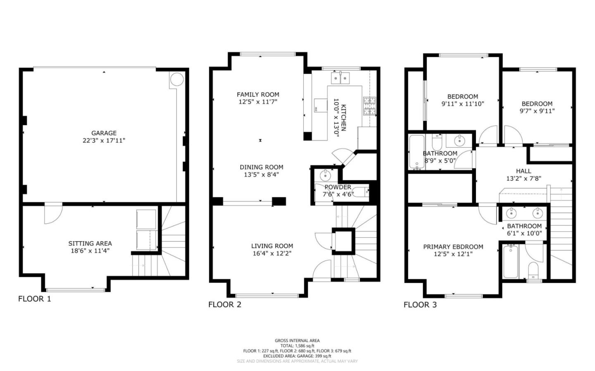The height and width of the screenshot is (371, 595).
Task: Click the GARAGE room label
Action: coord(104,133)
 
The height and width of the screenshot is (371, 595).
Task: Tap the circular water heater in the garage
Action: coord(176,80)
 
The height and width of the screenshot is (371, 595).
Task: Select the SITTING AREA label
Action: coord(90,243)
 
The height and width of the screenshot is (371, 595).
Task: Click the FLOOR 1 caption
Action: coord(34,299)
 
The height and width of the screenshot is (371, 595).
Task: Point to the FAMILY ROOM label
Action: coord(258,95)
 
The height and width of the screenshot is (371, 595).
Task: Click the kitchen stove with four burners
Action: coord(369,106)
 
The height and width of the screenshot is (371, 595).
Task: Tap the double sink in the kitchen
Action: coord(340,78)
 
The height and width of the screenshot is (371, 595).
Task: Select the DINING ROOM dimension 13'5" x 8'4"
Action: coord(261,175)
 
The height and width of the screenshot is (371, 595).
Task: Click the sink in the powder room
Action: coord(326,175)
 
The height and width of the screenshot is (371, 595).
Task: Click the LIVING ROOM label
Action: coord(272,246)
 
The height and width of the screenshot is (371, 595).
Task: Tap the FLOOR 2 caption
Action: coord(224,305)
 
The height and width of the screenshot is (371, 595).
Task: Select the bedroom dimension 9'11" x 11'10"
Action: coord(462,104)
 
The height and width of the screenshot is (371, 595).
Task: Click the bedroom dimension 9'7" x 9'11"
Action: coord(537,111)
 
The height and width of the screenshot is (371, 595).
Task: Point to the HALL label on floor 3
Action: coord(524,171)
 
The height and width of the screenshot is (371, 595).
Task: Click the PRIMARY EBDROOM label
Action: coord(453,247)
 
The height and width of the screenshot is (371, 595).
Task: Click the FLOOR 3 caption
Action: coord(420,305)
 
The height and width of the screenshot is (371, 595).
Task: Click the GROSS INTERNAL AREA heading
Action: coord(297,340)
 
